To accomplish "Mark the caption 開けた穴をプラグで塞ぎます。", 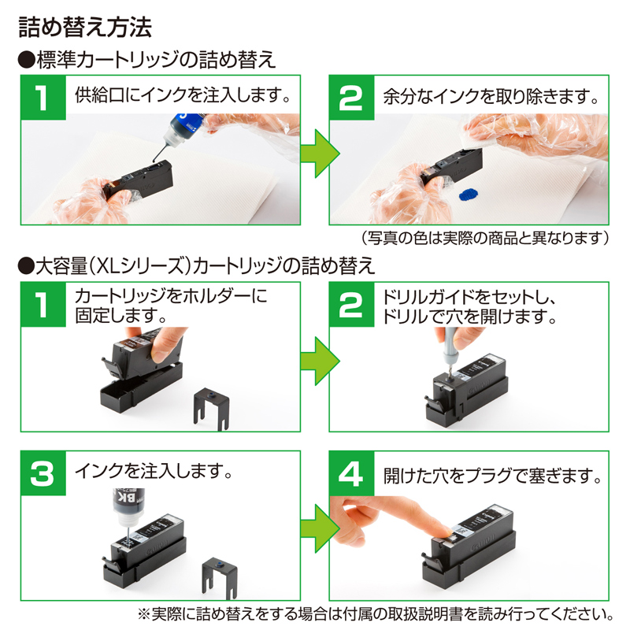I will pyautogui.click(x=493, y=476).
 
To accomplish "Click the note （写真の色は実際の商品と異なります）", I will pyautogui.click(x=485, y=237).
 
